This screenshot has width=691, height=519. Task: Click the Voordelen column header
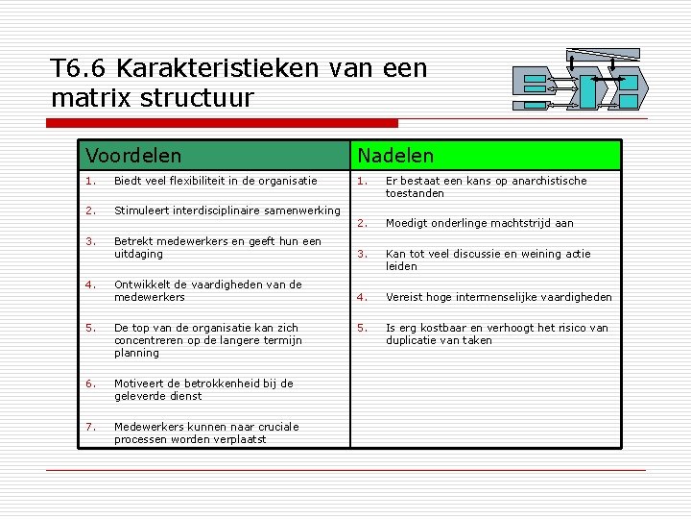132,155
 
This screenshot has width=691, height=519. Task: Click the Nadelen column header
395,155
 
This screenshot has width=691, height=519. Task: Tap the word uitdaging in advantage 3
138,255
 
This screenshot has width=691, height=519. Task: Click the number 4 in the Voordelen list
87,284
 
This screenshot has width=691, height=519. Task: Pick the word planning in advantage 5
136,353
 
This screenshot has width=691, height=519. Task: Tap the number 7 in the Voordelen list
87,427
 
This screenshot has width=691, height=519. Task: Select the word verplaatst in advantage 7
241,439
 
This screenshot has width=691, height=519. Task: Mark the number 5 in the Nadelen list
360,328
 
